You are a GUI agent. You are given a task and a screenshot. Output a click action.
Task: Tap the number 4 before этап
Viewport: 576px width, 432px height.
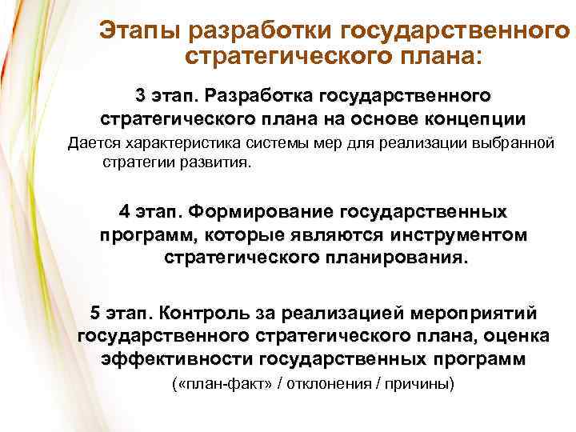tap(124, 213)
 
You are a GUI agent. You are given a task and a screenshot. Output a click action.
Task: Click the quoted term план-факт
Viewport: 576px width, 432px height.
tap(222, 383)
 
